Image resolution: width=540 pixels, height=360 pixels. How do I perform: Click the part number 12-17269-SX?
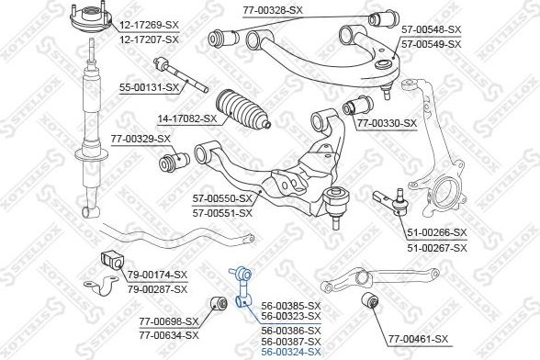point(149,25)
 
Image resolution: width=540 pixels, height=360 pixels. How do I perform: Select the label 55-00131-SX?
point(150,88)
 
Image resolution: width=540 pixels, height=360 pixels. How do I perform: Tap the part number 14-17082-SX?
point(187,119)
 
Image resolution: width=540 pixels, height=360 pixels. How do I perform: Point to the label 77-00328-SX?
point(273,10)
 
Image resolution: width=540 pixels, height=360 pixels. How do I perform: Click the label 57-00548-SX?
point(432,29)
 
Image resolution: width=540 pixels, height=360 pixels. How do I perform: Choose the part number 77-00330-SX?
point(387,123)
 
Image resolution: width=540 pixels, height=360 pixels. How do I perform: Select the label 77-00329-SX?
point(141,140)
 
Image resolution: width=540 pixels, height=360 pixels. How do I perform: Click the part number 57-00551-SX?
point(222,213)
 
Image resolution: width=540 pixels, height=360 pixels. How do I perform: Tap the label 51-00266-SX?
point(437,233)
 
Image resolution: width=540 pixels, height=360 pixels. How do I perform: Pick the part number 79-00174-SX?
point(157,275)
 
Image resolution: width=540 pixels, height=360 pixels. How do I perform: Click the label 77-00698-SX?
point(169,322)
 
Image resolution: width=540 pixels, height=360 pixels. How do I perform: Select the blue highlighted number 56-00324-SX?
point(291,352)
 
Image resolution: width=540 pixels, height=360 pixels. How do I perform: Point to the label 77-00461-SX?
point(419,340)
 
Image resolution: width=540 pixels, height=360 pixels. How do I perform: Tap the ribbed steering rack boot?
point(242,109)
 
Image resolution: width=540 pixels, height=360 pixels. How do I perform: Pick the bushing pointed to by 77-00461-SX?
point(370,300)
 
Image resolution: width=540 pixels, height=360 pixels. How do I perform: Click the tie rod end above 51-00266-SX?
point(391,201)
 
